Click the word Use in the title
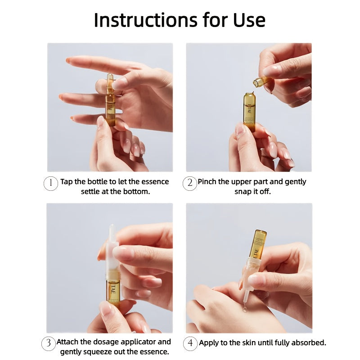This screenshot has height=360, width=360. pyautogui.click(x=249, y=20)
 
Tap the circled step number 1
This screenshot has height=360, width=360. pyautogui.click(x=50, y=183)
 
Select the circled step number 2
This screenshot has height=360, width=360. pyautogui.click(x=189, y=183)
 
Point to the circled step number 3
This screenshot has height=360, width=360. pyautogui.click(x=49, y=343)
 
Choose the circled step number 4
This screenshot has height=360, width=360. pyautogui.click(x=190, y=343)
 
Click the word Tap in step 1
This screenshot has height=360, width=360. pyautogui.click(x=67, y=182)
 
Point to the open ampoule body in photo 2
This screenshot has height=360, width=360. pyautogui.click(x=249, y=112)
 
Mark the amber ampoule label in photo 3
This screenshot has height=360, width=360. pyautogui.click(x=113, y=291)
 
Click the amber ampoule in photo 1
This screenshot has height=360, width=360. pyautogui.click(x=110, y=99)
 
